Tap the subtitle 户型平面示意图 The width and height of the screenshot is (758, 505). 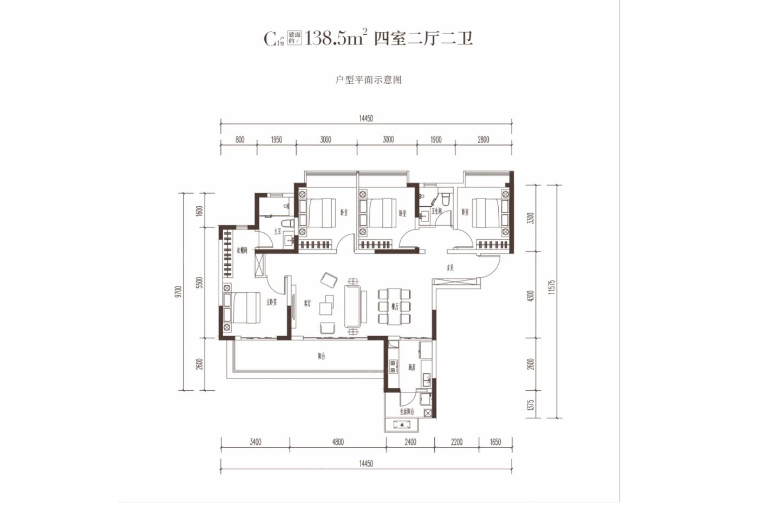click(x=369, y=80)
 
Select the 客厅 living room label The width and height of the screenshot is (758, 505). click(x=308, y=304)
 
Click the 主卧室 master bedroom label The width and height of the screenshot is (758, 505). click(x=271, y=302)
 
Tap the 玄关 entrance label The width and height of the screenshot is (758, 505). click(x=449, y=267)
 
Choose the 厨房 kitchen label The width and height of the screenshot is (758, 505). click(x=412, y=368)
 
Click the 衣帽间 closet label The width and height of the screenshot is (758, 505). click(x=242, y=251)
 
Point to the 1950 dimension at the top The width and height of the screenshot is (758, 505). click(x=276, y=140)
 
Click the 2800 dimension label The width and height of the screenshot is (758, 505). click(x=483, y=140)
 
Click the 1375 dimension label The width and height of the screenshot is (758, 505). click(x=531, y=405)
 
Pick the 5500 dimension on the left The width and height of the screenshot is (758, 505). click(x=200, y=282)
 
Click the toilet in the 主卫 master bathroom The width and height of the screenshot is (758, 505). click(x=288, y=224)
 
